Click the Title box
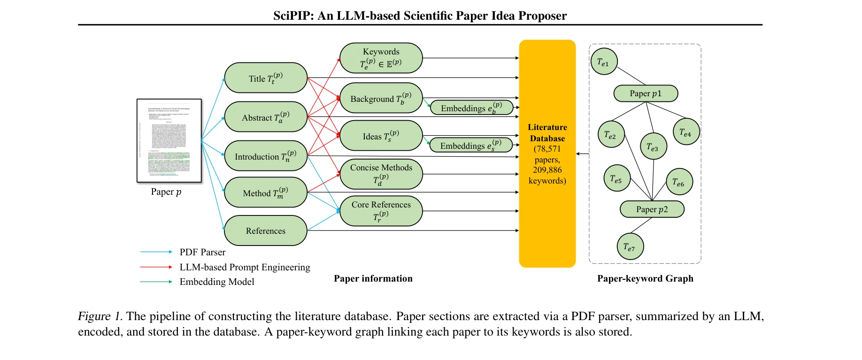[266, 78]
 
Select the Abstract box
[266, 117]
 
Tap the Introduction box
[266, 156]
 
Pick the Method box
[266, 192]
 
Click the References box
[266, 230]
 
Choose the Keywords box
[381, 58]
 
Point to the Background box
[381, 98]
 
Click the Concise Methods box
[381, 174]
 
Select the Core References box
[381, 211]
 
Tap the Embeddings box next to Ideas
[471, 146]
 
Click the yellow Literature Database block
[547, 153]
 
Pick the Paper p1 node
[646, 93]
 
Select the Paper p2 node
[652, 209]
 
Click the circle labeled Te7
[630, 246]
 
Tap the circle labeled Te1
[604, 61]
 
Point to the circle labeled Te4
[686, 132]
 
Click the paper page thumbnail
[169, 140]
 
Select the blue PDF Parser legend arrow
[156, 252]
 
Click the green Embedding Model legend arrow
[156, 282]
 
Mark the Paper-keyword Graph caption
[645, 278]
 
